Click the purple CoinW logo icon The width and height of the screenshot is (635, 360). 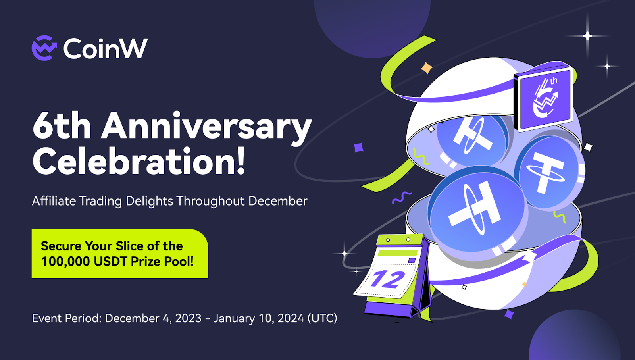44,48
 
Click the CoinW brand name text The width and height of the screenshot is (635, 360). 106,48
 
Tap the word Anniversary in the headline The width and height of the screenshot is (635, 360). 207,126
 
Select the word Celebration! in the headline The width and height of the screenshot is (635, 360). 139,161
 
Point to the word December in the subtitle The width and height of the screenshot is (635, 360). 278,201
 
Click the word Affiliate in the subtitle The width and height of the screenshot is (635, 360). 54,201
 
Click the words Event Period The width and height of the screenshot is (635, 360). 67,318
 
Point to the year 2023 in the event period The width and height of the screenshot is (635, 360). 188,318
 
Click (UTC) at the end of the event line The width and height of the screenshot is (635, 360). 322,318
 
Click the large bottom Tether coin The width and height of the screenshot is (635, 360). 478,211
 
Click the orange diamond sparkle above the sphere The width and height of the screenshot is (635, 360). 427,68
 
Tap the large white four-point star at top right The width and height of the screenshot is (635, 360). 587,36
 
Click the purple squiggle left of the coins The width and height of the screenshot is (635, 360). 402,197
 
